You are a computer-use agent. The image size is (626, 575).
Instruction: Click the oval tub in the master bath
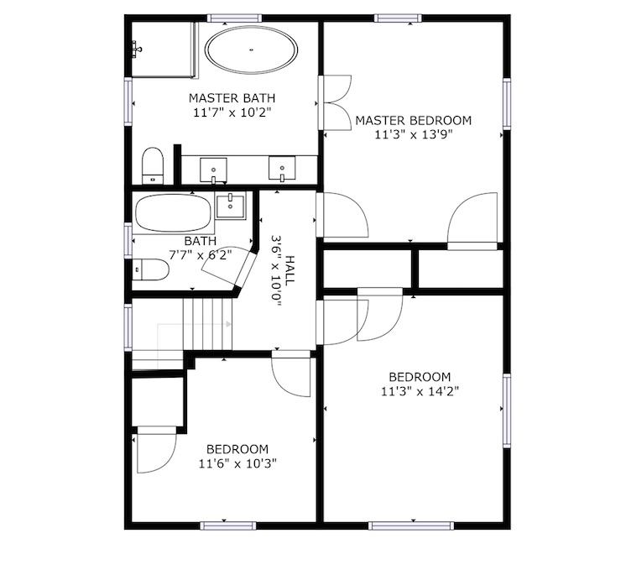point(251,50)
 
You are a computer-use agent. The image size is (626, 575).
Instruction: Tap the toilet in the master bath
point(153,166)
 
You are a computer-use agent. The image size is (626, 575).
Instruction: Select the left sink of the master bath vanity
point(214,170)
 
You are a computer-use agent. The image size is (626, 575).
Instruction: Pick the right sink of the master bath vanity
point(282,169)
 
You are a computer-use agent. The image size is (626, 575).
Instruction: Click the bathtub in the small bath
point(174,213)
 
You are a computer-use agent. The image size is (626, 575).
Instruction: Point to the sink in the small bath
point(231,206)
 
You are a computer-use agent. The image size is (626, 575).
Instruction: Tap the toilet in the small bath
point(150,269)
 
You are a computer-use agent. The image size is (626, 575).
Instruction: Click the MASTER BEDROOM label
point(413,120)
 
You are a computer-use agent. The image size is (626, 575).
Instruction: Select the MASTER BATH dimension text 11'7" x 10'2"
point(232,112)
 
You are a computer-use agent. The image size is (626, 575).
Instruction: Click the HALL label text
point(290,270)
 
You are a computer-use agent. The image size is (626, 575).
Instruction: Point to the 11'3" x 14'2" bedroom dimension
point(420,391)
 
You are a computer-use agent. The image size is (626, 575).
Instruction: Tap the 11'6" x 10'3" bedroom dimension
point(237,463)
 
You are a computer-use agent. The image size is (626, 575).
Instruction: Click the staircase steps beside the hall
point(207,324)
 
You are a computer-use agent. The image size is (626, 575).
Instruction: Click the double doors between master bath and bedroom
point(335,102)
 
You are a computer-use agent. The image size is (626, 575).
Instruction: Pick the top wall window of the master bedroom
point(398,18)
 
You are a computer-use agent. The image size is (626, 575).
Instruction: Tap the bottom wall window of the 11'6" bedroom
point(227,525)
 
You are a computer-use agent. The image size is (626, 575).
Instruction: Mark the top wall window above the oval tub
point(234,18)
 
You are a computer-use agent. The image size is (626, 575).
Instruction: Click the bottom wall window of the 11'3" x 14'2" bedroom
point(411,525)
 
